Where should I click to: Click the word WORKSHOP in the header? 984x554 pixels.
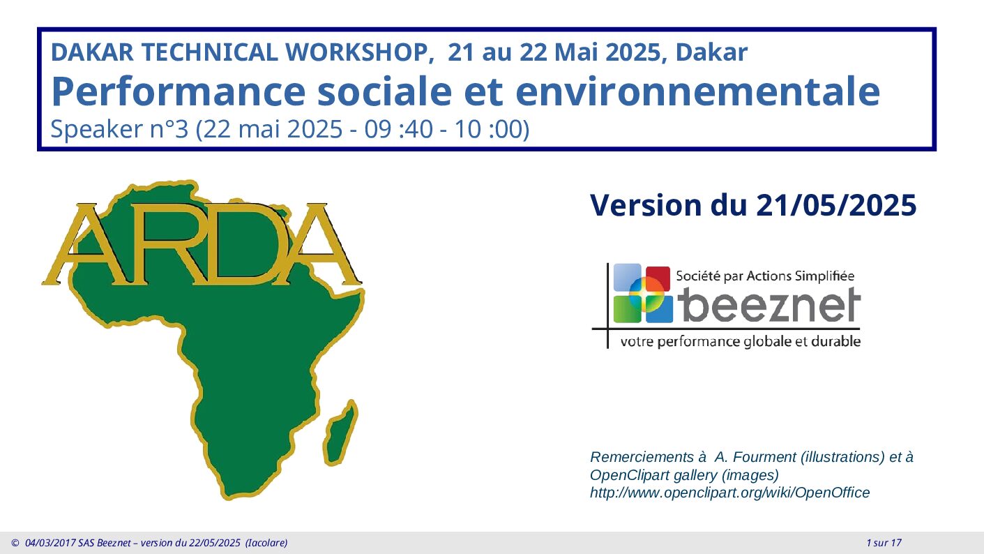pos(356,52)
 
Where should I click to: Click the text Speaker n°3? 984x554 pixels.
pos(119,129)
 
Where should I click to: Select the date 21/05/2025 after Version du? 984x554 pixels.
pos(836,205)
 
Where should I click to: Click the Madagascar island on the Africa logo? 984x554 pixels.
pos(341,433)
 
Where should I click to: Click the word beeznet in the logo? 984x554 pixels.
pos(769,306)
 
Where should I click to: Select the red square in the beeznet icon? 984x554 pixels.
pos(658,278)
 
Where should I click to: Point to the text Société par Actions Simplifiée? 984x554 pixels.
pos(765,276)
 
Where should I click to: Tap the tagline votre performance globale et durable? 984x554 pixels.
pos(740,342)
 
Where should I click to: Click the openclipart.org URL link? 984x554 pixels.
pos(729,493)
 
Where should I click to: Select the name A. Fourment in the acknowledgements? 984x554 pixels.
pos(755,457)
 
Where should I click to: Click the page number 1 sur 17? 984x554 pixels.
pos(884,543)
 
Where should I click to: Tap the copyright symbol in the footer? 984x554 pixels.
pos(15,543)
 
